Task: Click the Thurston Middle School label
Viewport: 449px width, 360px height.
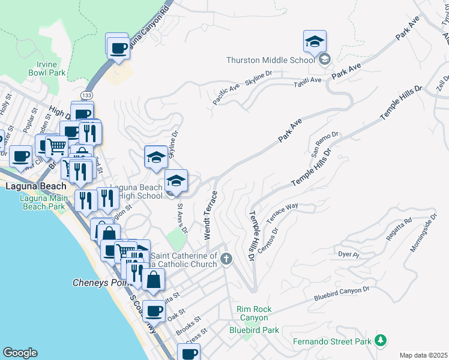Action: tap(270, 60)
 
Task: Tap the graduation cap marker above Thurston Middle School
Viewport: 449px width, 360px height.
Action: tap(315, 42)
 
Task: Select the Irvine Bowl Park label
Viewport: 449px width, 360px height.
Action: tap(46, 68)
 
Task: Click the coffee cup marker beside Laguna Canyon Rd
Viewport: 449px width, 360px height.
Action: tap(118, 47)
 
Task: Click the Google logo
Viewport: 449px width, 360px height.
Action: tap(20, 353)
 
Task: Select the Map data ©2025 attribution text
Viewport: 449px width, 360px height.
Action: tap(423, 355)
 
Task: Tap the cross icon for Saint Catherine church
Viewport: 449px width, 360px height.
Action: tap(226, 259)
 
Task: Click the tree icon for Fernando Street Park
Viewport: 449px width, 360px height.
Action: tap(379, 341)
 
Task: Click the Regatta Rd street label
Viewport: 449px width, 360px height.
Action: tap(399, 230)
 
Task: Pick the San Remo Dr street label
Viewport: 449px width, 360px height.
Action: tap(319, 144)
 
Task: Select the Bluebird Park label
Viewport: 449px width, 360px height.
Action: tap(254, 330)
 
